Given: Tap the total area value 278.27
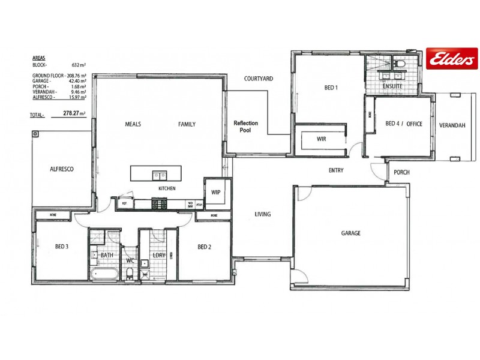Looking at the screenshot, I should point(74,113).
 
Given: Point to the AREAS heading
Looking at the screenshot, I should point(39,58).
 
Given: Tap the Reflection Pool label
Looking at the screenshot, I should point(245,127).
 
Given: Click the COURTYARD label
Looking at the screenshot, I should point(259,79).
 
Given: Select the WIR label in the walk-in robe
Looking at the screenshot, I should point(322,139).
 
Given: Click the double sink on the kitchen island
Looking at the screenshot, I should point(159,176).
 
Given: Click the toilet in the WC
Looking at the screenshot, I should point(130,274).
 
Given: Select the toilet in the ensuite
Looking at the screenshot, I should point(400,63).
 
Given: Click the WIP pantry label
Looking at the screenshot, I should point(215,193).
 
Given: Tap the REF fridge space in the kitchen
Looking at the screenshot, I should point(124,204).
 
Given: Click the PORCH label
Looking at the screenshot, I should point(401,173).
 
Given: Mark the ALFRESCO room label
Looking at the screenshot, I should point(61,170).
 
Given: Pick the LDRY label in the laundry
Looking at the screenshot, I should point(158,256).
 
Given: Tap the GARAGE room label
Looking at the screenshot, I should point(351,233).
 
